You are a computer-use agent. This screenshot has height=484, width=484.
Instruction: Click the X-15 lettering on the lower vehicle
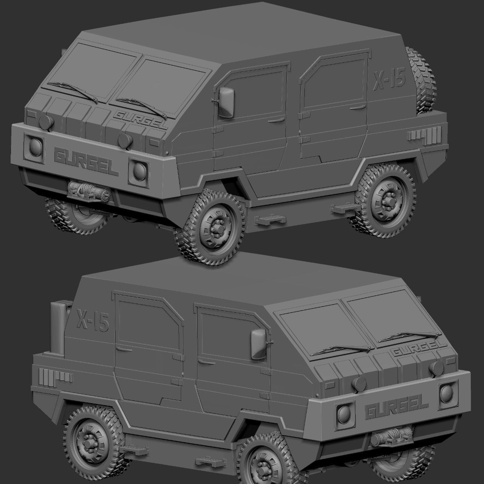(93, 320)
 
